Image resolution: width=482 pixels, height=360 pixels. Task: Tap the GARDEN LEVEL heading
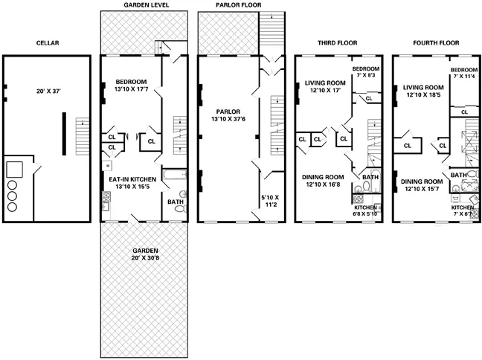(x=146, y=6)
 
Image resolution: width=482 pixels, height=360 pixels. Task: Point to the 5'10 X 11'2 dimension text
(x=271, y=202)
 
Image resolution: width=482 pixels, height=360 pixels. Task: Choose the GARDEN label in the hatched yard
(x=145, y=251)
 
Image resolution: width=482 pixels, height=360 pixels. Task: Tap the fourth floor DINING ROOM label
(x=422, y=181)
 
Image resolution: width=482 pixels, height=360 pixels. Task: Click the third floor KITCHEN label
(x=367, y=207)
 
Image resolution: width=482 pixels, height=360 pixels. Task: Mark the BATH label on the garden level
(x=176, y=202)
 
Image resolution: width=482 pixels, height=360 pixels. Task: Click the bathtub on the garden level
(x=173, y=176)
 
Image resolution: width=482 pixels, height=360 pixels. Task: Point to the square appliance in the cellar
(x=16, y=168)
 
